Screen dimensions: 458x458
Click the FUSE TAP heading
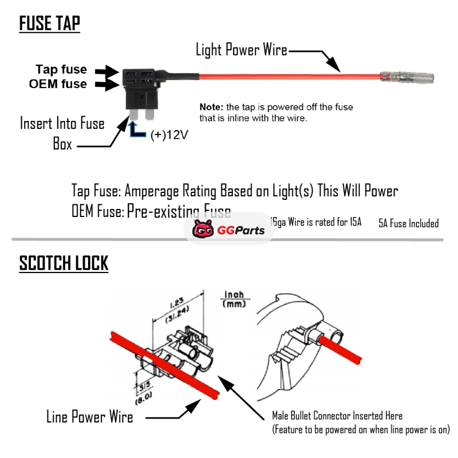pos(50,24)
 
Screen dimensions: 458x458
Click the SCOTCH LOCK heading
pos(64,263)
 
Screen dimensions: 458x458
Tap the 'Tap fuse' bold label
pos(61,69)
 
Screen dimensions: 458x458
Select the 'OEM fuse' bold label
pos(58,84)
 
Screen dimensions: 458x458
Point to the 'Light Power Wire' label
pos(241,50)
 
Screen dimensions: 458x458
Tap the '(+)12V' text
pos(169,135)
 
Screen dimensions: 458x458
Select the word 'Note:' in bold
pos(211,107)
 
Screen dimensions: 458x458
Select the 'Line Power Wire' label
pos(89,417)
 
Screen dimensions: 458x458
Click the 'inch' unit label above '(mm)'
pos(234,294)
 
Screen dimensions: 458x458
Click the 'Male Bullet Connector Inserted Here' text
pos(337,416)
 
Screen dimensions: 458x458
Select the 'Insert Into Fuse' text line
pos(62,123)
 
